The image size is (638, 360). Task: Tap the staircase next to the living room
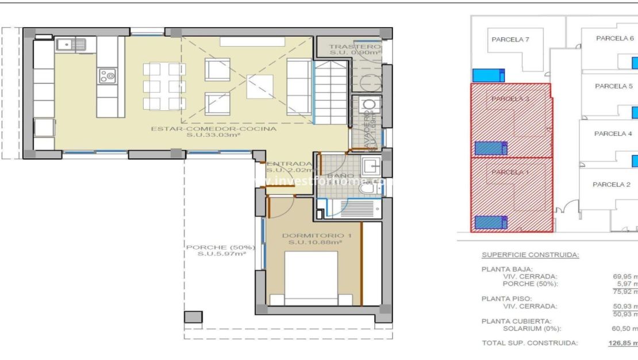point(331,94)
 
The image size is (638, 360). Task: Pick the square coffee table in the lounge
point(260,87)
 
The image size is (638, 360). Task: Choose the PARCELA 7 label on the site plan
point(510,40)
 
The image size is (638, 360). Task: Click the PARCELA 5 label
point(613,86)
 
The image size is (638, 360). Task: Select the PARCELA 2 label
point(612,185)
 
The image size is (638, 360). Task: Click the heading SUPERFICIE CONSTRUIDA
point(530,255)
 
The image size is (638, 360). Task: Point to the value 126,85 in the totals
point(622,343)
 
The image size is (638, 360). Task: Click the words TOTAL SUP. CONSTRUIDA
point(529,343)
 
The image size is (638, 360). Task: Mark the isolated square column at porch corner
point(193,317)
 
